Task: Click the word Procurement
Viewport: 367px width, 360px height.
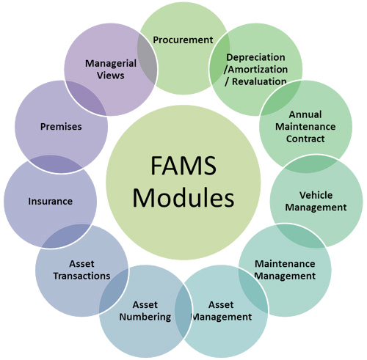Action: coord(183,40)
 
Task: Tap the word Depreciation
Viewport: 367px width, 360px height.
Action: coord(255,58)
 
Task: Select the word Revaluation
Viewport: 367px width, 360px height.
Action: coord(259,81)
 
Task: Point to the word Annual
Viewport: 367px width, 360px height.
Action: coord(305,114)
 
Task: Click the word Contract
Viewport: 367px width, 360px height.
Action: coord(305,139)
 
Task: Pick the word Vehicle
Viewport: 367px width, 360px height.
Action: coord(316,195)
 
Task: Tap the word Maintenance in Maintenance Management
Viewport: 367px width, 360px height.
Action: coord(285,264)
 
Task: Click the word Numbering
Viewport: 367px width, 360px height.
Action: coord(145,317)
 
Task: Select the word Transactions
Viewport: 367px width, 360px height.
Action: coord(81,276)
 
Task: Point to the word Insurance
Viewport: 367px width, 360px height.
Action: coord(51,202)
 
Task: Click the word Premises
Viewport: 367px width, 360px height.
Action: coord(61,127)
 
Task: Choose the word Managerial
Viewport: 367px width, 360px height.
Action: coord(111,64)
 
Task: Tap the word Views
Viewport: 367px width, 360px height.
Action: coord(111,76)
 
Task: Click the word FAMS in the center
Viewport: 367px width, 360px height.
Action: coord(183,166)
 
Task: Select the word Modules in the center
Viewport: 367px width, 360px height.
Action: coord(183,197)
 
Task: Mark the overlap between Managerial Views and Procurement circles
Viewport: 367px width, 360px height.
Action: coord(147,59)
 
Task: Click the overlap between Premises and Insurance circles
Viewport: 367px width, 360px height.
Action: coord(56,164)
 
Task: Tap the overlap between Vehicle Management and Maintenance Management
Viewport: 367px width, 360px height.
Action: coord(302,236)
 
